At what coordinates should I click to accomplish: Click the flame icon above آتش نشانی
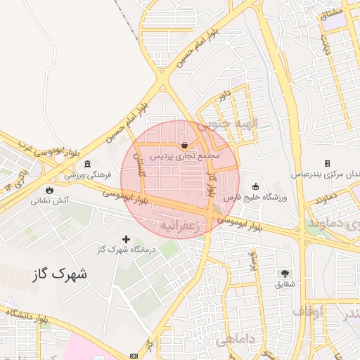(49, 190)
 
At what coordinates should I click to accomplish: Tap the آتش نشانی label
(49, 200)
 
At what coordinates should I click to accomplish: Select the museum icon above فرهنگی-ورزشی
(87, 165)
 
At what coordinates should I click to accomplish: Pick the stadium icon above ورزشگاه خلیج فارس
(255, 187)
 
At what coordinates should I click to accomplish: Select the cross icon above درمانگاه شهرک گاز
(127, 240)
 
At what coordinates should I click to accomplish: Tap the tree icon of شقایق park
(285, 273)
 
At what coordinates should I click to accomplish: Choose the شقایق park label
(284, 284)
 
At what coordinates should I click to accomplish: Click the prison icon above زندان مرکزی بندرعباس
(327, 163)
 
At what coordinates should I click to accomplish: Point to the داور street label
(224, 94)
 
